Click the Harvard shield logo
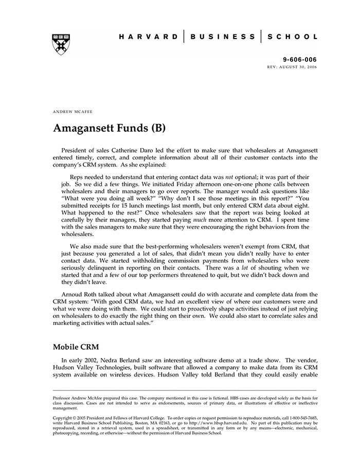click(61, 44)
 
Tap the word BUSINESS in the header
click(223, 37)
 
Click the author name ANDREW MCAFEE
click(73, 111)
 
